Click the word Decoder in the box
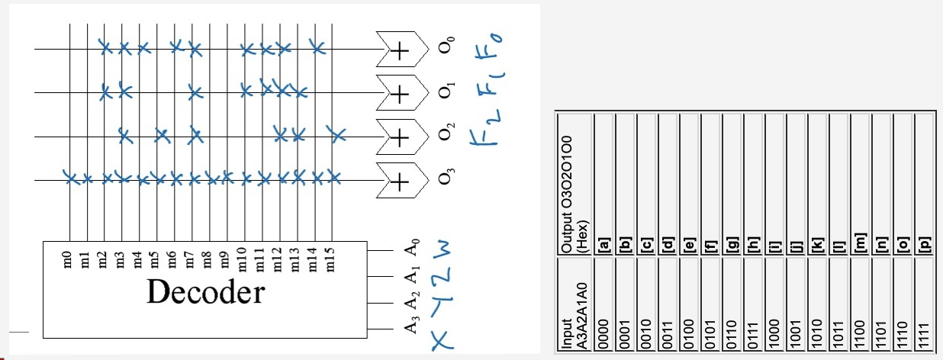(x=205, y=293)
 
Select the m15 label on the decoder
(x=330, y=260)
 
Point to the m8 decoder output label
(x=208, y=259)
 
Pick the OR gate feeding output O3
(x=398, y=181)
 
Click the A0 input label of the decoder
(x=412, y=249)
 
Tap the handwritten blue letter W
(x=443, y=249)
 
